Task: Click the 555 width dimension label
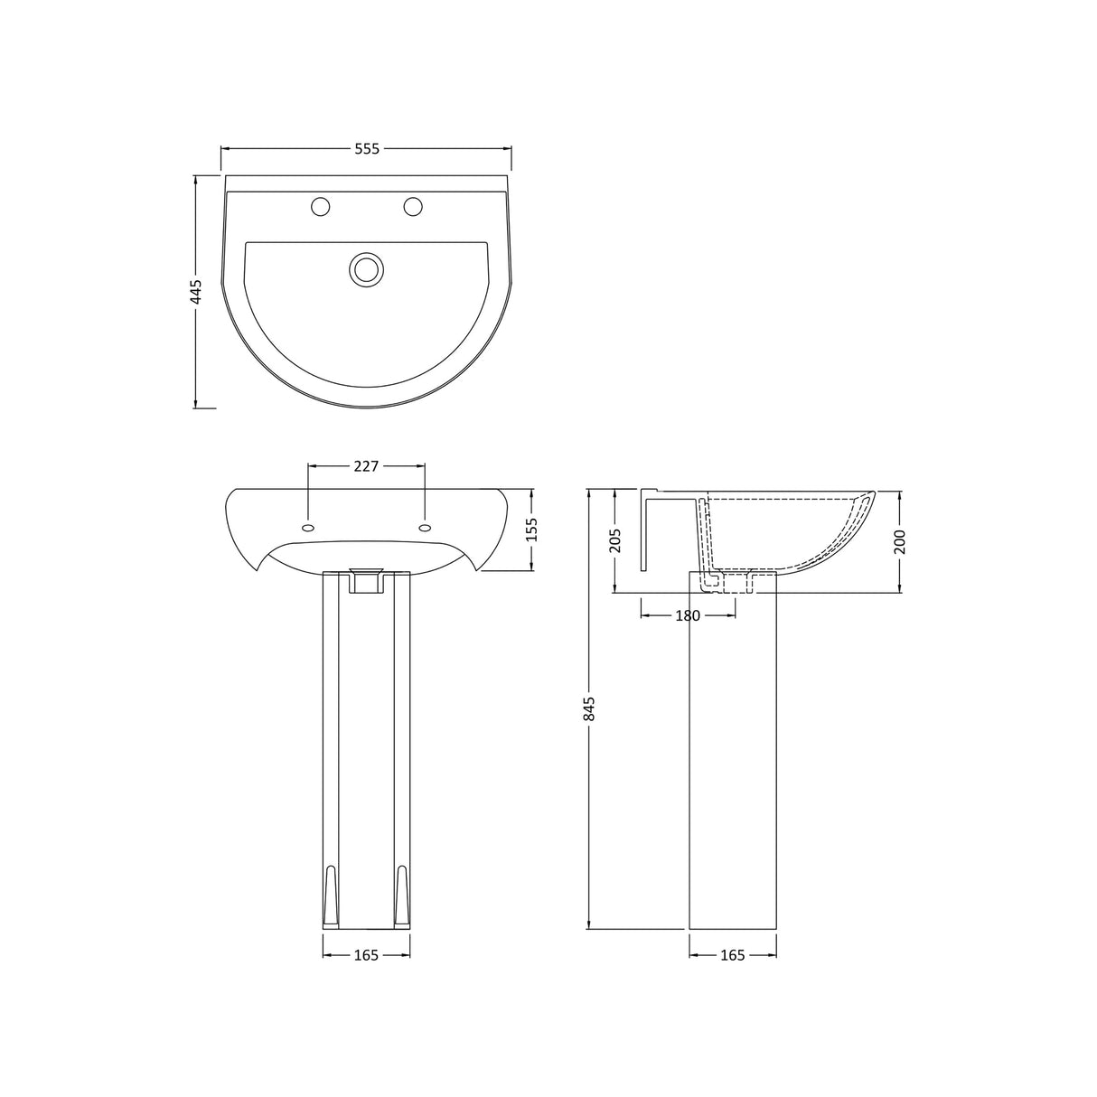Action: click(366, 148)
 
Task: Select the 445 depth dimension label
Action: click(196, 291)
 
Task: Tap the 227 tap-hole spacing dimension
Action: click(366, 466)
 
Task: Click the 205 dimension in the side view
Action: click(614, 541)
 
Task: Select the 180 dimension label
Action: click(688, 615)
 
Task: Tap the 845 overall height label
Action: click(589, 708)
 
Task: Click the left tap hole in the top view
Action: click(320, 207)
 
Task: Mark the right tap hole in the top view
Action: click(414, 207)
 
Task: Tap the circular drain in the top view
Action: click(366, 269)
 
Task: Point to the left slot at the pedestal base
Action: click(331, 895)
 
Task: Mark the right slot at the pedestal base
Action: click(403, 895)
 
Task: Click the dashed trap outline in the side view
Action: click(714, 579)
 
